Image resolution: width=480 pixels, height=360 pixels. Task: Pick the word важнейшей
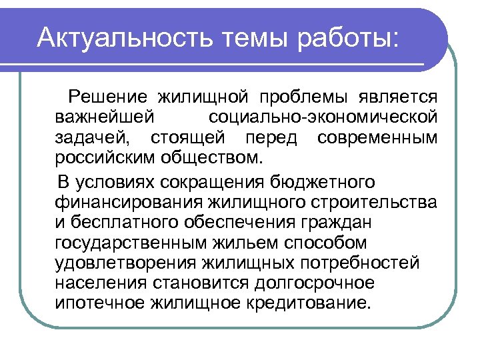pos(105,118)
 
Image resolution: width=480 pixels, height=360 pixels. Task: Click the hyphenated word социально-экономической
pos(323,118)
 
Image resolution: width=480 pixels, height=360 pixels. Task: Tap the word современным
pos(378,139)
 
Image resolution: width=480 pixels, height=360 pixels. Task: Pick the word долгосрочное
pos(313,283)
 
